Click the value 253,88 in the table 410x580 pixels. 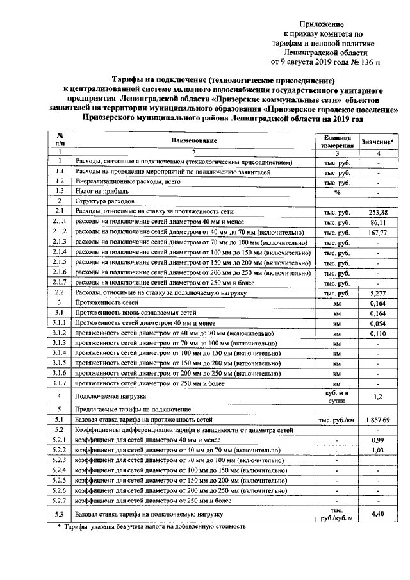[x=379, y=212]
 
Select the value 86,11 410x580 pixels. [x=379, y=222]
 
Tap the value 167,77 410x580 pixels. [x=379, y=233]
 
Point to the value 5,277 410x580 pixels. [x=379, y=293]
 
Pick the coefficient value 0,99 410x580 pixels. [x=379, y=440]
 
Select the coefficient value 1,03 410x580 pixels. [x=379, y=451]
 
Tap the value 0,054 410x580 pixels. [x=379, y=324]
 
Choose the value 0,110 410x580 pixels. [x=379, y=334]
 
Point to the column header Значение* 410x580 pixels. [x=379, y=141]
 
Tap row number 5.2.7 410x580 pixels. [x=60, y=501]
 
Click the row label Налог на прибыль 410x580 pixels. [x=102, y=192]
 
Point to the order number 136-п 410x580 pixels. [x=366, y=62]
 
